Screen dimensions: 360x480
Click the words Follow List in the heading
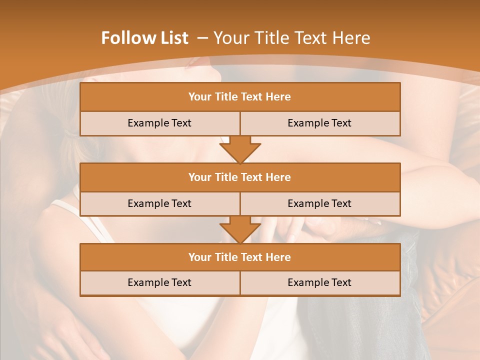pyautogui.click(x=145, y=38)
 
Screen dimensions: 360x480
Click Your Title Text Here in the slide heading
pyautogui.click(x=292, y=38)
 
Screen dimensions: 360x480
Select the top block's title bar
pyautogui.click(x=240, y=97)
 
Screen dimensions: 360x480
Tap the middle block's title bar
pyautogui.click(x=240, y=177)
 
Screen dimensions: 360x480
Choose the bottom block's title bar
pyautogui.click(x=240, y=257)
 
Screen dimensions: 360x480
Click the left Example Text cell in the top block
pyautogui.click(x=159, y=123)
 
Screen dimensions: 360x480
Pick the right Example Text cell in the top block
pyautogui.click(x=319, y=123)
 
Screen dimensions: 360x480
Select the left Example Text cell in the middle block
pyautogui.click(x=159, y=203)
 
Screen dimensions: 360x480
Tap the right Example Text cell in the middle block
pyautogui.click(x=319, y=203)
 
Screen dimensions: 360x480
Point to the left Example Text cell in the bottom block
pyautogui.click(x=159, y=282)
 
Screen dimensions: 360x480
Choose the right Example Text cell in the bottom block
pyautogui.click(x=319, y=282)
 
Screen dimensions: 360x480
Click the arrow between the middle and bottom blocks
pyautogui.click(x=240, y=229)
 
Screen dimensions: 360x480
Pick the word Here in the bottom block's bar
pyautogui.click(x=278, y=257)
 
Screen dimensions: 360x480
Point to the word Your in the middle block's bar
pyautogui.click(x=199, y=177)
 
